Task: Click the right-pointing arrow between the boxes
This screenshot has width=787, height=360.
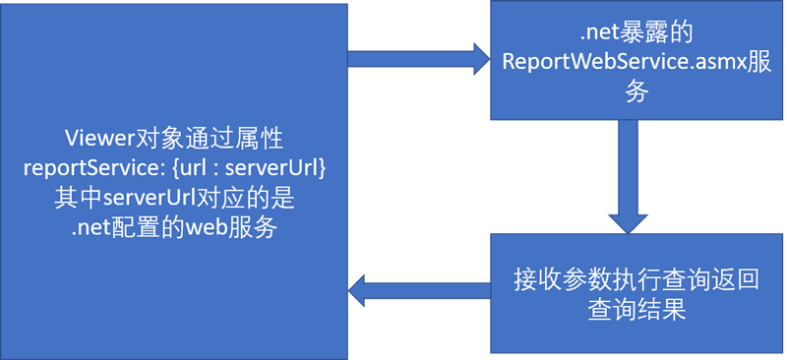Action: [418, 59]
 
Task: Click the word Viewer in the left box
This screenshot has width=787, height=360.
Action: [96, 138]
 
